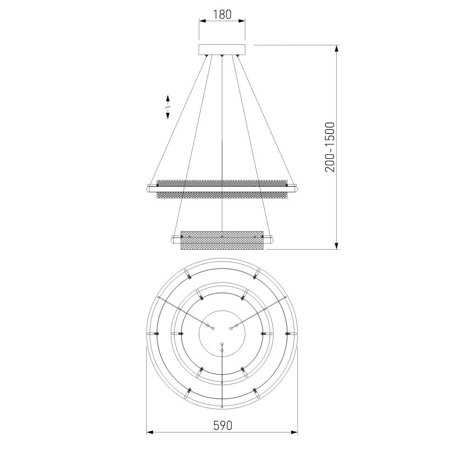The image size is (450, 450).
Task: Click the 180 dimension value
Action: point(222,14)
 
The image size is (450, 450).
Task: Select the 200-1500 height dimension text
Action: point(330,147)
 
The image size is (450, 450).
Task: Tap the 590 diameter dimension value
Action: point(222,425)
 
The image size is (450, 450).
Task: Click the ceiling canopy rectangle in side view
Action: point(222,49)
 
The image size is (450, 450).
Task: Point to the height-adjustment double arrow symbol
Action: point(167,107)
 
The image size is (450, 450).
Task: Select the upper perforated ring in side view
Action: point(222,189)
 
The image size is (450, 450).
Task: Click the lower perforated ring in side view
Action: point(222,239)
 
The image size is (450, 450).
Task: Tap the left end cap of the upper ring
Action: point(150,189)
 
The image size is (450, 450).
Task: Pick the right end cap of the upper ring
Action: point(294,189)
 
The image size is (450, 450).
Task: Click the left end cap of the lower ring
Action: point(175,239)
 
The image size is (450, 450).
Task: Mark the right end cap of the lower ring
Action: point(270,239)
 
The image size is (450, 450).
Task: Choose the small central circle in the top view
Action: point(222,334)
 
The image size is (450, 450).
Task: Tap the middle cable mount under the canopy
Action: point(222,56)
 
